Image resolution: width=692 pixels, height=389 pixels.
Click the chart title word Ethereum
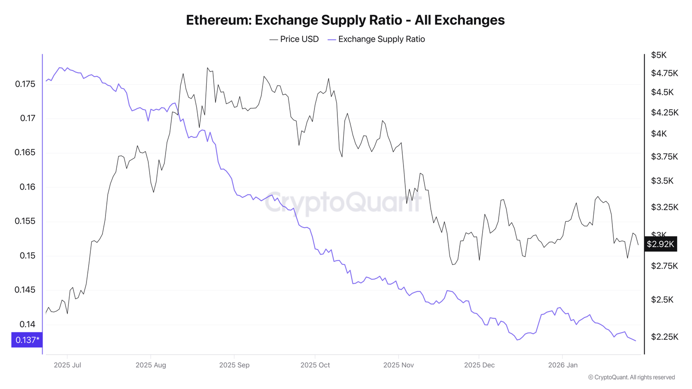218,20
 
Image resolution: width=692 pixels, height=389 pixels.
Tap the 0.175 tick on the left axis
25,84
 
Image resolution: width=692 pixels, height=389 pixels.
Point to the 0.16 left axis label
27,187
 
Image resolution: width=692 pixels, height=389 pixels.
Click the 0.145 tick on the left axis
25,290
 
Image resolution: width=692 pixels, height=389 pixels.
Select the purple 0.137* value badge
27,340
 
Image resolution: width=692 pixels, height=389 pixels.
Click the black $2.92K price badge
660,244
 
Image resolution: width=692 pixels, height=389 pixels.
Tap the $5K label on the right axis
659,55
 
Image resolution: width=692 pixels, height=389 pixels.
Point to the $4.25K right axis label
665,113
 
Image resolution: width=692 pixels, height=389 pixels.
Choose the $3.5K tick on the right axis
662,181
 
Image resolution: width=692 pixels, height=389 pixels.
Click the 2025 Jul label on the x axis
67,365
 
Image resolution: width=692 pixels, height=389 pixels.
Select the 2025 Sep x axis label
234,365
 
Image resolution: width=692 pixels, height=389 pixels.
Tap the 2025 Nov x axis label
398,365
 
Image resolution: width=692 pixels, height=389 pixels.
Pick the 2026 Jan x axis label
563,365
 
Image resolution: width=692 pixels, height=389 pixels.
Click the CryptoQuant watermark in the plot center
343,202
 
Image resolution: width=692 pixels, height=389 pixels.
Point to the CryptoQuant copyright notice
631,377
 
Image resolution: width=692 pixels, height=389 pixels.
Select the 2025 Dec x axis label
479,365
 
